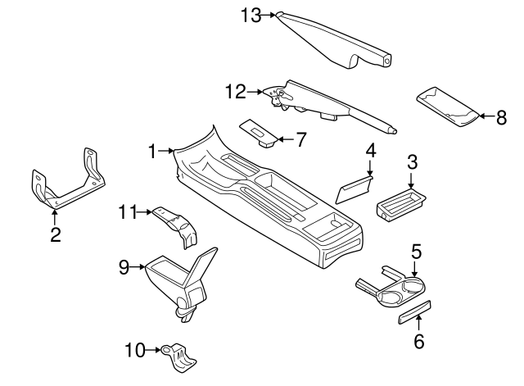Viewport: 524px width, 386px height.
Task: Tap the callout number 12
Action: (235, 92)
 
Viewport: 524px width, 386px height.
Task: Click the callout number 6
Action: (419, 341)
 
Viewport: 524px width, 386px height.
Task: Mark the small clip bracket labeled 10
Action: (181, 355)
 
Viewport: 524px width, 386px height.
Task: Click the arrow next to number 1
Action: (166, 151)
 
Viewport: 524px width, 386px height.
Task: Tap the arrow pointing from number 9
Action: (138, 266)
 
